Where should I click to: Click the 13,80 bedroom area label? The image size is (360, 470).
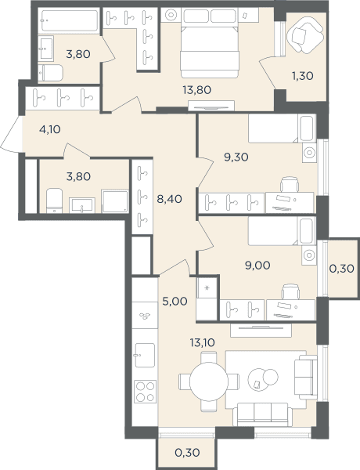pos(196,89)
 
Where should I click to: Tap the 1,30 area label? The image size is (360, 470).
pos(303,76)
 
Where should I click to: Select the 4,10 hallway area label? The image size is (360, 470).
pos(50,129)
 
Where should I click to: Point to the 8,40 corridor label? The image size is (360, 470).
pos(169,199)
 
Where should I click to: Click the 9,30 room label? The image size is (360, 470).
pos(236,157)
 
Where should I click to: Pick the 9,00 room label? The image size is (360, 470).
pos(257,266)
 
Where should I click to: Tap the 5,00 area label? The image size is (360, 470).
pos(175,302)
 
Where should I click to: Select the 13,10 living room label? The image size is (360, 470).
pos(202,342)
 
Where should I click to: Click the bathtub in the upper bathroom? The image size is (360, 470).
pos(69,20)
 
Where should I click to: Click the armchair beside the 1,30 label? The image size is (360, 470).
pos(305,35)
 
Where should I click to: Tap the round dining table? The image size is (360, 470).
pos(209,381)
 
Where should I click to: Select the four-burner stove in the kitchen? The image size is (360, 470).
pos(146,391)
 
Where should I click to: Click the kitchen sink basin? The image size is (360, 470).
pos(145,355)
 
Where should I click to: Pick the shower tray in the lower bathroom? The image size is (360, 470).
pos(115,201)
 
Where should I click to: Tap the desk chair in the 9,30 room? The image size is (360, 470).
pos(290,184)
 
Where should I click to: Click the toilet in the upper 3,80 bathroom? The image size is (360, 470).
pos(50,73)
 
